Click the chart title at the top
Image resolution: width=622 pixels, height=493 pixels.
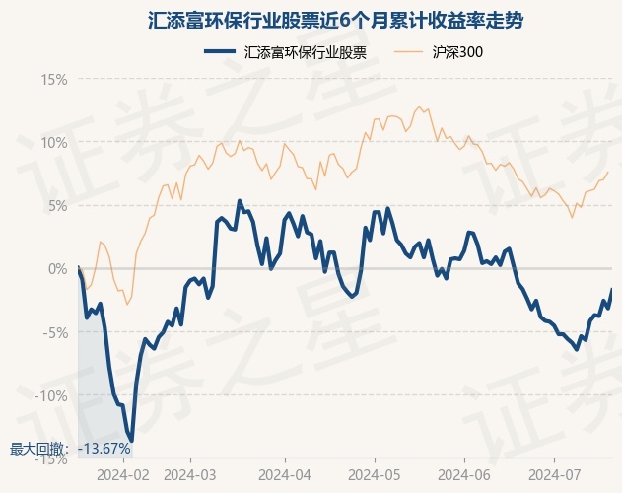click(x=335, y=21)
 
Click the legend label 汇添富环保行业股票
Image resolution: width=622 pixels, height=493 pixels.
click(x=305, y=52)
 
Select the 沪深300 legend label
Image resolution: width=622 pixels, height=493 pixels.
click(x=457, y=52)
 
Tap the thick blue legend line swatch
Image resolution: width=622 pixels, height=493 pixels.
click(x=220, y=51)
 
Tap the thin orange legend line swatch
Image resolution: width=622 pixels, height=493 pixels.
click(x=408, y=51)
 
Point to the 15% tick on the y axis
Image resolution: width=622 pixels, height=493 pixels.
click(x=54, y=80)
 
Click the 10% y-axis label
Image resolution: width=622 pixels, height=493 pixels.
click(x=54, y=143)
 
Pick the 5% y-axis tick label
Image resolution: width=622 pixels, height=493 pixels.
click(x=58, y=206)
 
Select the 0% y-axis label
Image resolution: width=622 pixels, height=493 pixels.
click(x=58, y=269)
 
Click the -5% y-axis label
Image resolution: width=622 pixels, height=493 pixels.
click(x=55, y=332)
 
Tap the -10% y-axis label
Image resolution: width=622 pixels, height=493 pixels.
click(x=51, y=395)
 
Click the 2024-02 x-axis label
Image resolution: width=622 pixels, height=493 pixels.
click(x=123, y=474)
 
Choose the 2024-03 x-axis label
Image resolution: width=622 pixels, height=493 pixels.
click(x=190, y=474)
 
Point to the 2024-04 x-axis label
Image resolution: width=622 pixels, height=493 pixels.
click(x=285, y=474)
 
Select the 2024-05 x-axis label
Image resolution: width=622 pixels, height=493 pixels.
click(x=375, y=474)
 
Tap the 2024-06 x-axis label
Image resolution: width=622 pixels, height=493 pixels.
click(x=464, y=474)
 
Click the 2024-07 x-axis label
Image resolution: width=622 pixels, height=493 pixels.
click(x=555, y=474)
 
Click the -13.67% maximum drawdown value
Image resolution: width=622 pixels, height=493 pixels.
click(x=104, y=449)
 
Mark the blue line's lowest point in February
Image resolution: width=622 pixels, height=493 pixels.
click(x=132, y=441)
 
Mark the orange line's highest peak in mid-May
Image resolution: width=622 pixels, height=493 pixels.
click(x=419, y=106)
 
